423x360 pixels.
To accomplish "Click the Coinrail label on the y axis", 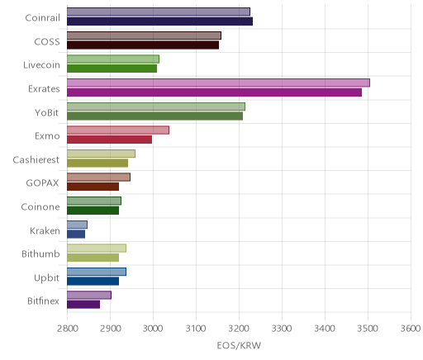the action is [42, 17].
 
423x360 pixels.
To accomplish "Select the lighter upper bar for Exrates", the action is [218, 83].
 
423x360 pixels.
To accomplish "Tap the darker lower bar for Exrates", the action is [214, 92].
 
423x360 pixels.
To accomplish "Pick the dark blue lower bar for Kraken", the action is [76, 234].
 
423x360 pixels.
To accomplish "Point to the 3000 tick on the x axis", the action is [153, 329].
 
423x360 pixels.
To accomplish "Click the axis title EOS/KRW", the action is [239, 345].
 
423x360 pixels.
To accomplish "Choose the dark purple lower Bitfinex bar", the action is [83, 305].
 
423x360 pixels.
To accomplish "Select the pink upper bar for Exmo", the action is [118, 130].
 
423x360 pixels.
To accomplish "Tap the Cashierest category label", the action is [36, 159].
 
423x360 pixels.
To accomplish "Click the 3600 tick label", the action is [411, 329].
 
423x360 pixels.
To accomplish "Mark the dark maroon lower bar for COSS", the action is [143, 45].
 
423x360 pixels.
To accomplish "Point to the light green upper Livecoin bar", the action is [113, 59].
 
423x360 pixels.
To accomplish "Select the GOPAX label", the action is [42, 183].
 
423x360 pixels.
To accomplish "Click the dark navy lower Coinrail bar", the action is [159, 21].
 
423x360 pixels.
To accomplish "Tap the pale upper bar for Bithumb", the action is [97, 249].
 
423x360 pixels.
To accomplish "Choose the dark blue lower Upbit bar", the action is [93, 282].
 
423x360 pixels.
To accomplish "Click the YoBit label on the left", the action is [47, 112].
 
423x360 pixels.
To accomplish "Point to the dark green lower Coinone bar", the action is [93, 211].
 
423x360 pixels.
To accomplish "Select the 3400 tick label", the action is [325, 329].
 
